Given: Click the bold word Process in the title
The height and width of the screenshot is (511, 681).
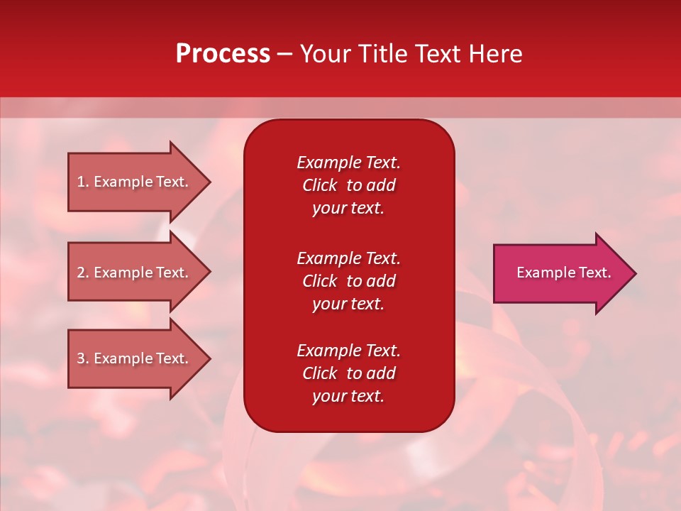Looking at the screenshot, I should coord(223,54).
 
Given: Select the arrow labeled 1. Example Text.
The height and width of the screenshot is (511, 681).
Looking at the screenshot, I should coord(135,182).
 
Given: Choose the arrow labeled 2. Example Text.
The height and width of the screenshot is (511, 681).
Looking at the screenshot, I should coord(135,273).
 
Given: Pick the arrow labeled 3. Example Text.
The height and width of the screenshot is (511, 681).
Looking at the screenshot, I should coord(135,358).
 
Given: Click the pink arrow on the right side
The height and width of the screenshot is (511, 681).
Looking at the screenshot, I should coord(560,273).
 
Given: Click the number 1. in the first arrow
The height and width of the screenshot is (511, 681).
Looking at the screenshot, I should coord(83,182).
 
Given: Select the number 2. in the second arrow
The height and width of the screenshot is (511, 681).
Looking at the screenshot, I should coord(83,273).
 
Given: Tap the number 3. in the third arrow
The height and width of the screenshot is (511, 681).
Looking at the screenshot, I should coord(83,358).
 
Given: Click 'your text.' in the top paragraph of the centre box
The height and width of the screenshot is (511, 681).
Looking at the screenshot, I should coord(348,208).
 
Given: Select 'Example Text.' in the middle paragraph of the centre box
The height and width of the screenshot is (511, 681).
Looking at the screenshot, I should coord(348,258).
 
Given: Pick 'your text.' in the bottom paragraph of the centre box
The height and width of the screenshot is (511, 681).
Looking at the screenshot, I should coord(348,396).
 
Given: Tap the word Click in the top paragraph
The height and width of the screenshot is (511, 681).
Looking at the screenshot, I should coord(320,185).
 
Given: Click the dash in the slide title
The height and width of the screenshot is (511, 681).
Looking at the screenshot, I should coord(284,54).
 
